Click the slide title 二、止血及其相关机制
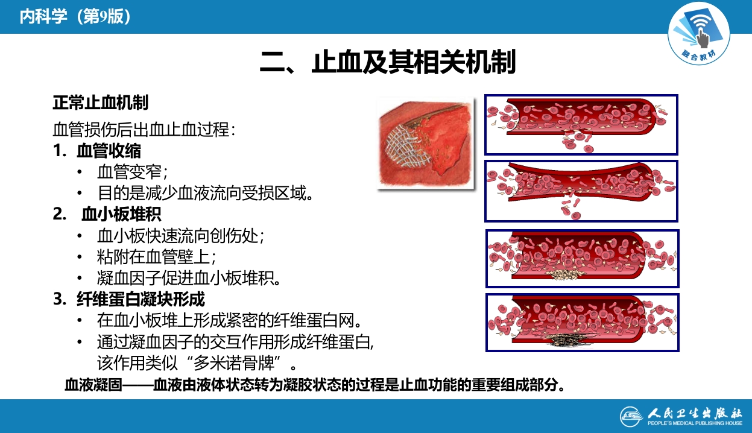pos(388,62)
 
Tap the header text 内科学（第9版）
pos(75,16)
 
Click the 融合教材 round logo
pos(698,36)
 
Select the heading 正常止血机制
pos(100,103)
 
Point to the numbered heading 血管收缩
pos(109,150)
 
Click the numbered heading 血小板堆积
pos(121,214)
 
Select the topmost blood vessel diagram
pos(581,125)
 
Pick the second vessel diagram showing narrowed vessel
pos(581,191)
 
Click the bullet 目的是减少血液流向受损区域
pos(206,193)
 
